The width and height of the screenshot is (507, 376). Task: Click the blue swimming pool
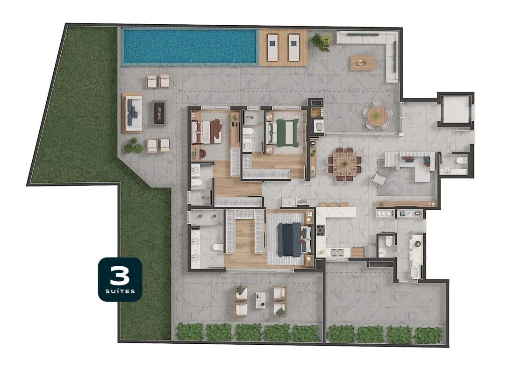190,46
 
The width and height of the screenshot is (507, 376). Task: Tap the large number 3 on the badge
120,276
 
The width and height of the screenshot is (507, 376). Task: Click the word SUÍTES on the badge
120,291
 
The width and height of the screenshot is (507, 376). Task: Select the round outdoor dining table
376,115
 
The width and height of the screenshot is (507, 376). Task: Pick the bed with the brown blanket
207,132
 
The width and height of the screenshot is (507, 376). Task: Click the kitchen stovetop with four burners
320,230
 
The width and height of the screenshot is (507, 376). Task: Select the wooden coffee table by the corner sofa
363,63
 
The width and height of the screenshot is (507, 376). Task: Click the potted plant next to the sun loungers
322,42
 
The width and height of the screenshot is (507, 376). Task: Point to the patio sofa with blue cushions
132,113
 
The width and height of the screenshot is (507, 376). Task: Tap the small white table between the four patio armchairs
261,300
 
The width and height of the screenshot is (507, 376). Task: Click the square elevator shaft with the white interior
456,109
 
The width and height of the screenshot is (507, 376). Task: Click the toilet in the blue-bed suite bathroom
218,248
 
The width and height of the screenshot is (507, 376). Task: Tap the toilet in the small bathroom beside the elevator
460,160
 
